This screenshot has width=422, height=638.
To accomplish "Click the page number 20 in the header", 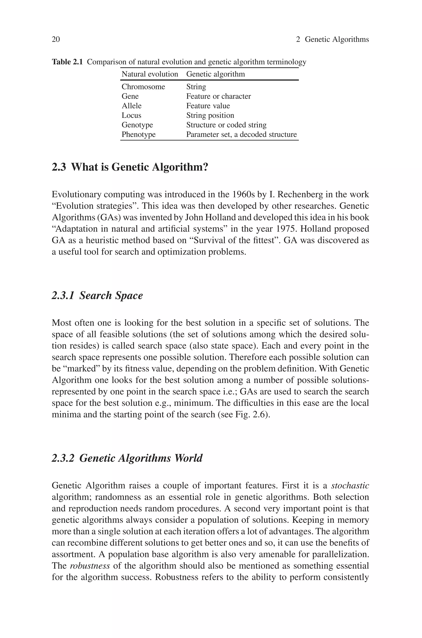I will point(56,40).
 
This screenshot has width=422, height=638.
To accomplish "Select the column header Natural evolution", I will point(150,74).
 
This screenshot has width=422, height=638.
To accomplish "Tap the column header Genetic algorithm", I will point(215,74).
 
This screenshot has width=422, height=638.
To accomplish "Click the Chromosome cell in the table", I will point(143,87).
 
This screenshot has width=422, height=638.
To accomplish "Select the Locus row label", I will point(131,115).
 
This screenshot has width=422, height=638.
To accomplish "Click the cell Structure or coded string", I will point(226,125).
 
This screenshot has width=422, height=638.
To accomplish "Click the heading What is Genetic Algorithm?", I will point(130,167).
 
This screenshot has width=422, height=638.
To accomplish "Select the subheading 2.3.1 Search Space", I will point(97,295).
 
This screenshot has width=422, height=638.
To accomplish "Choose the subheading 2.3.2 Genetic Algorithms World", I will point(127,458).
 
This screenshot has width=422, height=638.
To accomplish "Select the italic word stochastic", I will point(350,486).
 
